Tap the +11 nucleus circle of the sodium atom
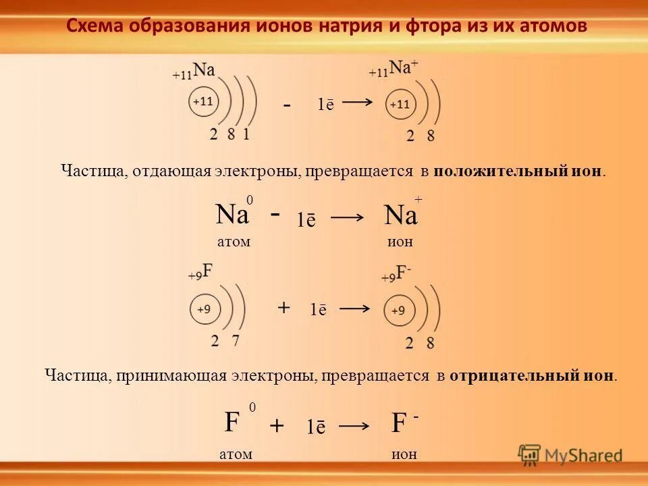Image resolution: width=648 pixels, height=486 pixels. click(203, 102)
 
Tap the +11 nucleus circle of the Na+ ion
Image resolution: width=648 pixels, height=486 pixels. click(399, 105)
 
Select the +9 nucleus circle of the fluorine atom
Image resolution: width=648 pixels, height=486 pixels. click(203, 310)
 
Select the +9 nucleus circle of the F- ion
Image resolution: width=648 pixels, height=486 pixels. click(398, 311)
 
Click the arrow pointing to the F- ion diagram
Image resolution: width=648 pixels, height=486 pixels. click(355, 308)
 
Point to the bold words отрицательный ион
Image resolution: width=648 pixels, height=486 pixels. click(533, 375)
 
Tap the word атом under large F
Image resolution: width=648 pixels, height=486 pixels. click(236, 455)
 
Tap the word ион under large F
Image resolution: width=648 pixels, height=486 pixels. click(404, 455)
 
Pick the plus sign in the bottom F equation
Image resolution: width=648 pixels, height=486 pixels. click(277, 426)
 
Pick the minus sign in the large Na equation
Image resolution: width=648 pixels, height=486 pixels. click(275, 213)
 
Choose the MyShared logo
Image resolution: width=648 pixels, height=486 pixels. click(570, 455)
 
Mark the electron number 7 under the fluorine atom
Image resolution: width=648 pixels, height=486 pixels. click(235, 341)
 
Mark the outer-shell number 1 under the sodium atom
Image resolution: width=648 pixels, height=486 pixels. click(246, 134)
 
